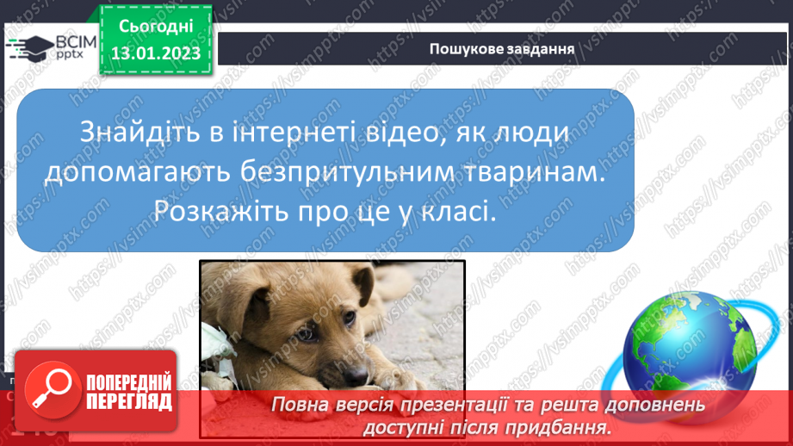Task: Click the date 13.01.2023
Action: tap(156, 53)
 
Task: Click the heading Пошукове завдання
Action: tap(502, 48)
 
